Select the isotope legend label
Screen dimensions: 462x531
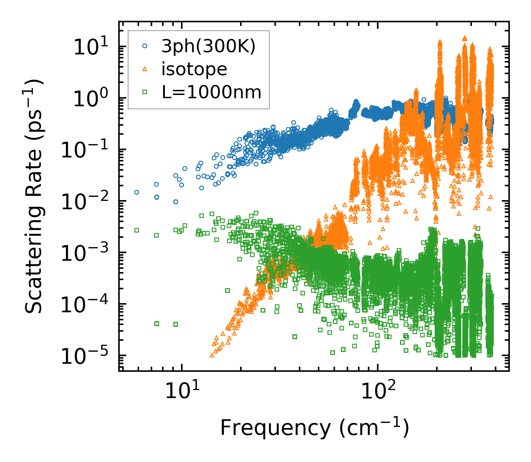[x=194, y=69]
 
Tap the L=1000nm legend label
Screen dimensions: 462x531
[x=211, y=92]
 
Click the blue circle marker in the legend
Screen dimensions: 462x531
[x=145, y=46]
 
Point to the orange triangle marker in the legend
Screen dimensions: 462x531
[x=145, y=69]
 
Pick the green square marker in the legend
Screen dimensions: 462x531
[x=145, y=92]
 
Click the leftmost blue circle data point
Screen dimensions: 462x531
[x=136, y=192]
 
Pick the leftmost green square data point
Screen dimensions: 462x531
[x=136, y=230]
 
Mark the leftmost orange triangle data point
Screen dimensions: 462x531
[x=212, y=355]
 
